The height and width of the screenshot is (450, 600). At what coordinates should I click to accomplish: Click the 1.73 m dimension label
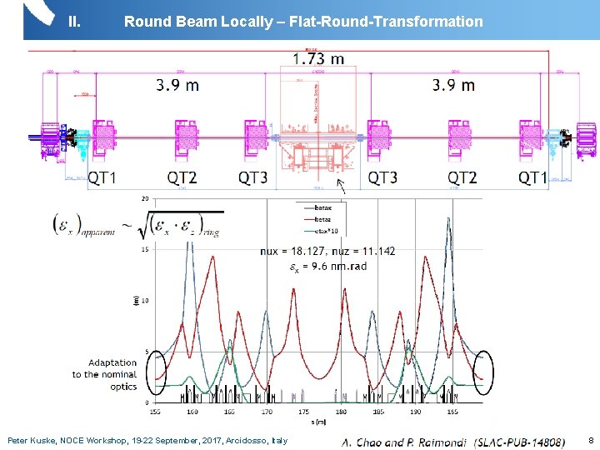(x=318, y=59)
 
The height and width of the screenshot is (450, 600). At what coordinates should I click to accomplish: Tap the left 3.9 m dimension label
(x=177, y=85)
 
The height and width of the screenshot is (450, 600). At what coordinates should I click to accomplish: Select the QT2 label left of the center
(x=182, y=177)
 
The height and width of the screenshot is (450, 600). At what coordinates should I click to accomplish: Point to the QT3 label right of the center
(x=383, y=177)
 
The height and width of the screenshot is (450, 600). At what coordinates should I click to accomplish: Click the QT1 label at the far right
(x=533, y=177)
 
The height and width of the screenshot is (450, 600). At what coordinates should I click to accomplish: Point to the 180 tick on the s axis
(x=341, y=411)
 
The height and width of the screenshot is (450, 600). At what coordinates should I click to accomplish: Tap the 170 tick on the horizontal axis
(x=266, y=411)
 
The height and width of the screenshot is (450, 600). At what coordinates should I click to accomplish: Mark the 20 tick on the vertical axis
(x=145, y=199)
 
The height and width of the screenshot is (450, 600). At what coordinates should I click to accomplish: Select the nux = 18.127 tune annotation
(x=293, y=251)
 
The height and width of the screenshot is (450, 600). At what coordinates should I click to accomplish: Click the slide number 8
(x=591, y=440)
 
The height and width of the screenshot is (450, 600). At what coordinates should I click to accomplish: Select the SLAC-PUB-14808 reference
(x=517, y=441)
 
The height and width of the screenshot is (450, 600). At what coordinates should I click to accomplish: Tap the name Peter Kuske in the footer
(x=30, y=440)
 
